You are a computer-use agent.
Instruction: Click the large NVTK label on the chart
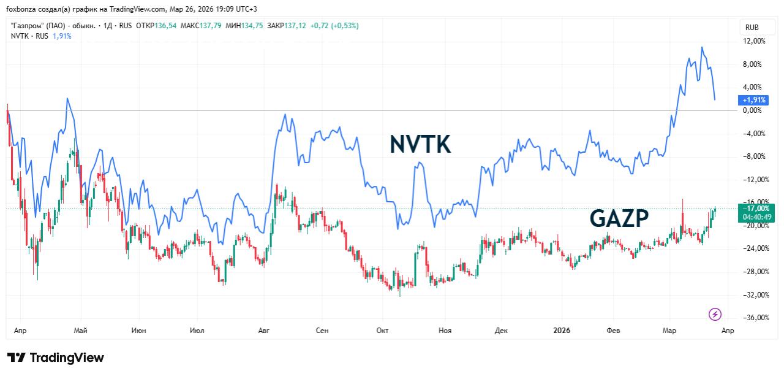coord(420,145)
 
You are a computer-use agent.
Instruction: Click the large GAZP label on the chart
coord(619,218)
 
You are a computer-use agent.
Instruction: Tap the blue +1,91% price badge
coord(753,99)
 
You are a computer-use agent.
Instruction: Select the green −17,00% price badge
coord(756,209)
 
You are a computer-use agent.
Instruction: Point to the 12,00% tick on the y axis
coord(754,41)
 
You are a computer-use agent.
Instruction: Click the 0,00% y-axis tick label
coord(752,110)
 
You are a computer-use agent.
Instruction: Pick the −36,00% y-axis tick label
coord(754,318)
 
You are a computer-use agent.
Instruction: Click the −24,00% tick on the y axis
coord(754,248)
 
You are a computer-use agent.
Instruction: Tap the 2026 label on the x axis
coord(561,331)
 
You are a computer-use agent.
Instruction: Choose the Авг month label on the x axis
coord(264,331)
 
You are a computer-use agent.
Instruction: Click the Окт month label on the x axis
coord(383,331)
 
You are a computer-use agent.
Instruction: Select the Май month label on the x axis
coord(80,331)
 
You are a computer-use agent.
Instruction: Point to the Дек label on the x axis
coord(501,331)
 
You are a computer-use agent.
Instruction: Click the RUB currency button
coord(752,27)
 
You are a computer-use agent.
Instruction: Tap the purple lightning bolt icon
coord(715,315)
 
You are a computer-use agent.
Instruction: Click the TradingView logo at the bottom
coord(56,358)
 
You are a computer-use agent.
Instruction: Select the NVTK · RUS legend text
coord(29,36)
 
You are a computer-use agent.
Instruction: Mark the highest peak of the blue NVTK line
coord(702,47)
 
